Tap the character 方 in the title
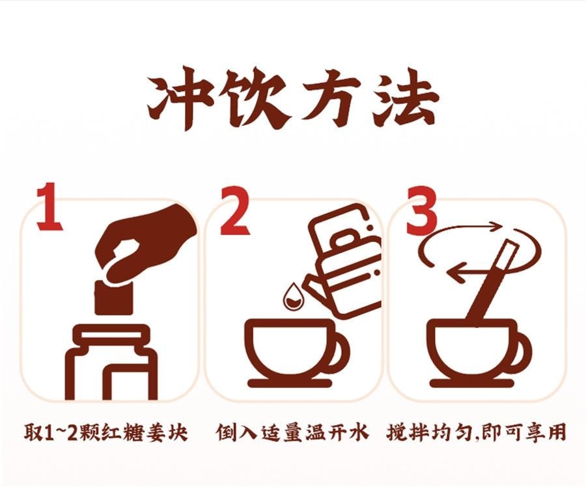point(331,98)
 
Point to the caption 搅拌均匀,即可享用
point(476,432)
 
